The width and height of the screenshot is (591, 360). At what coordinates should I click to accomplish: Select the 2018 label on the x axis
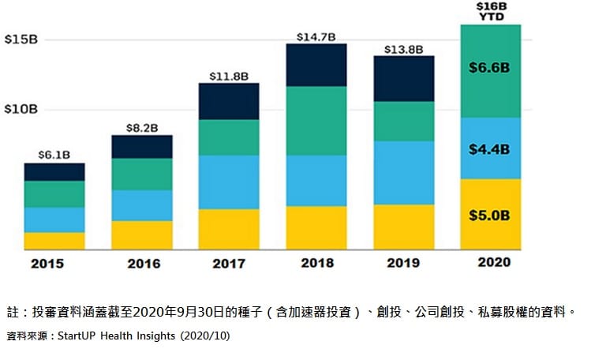[x=316, y=263]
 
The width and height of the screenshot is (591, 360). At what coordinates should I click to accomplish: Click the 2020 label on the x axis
[x=490, y=263]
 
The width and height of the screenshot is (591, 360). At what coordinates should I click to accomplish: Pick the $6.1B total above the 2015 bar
[x=54, y=154]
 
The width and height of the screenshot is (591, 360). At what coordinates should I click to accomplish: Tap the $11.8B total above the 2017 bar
[x=229, y=74]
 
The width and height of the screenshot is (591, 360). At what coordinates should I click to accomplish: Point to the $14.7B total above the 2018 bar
[x=316, y=36]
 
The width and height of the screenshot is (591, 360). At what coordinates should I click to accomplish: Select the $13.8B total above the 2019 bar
[x=403, y=48]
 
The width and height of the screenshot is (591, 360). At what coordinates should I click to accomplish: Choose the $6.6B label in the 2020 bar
[x=490, y=69]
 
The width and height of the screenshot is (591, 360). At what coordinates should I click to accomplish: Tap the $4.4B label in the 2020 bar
[x=490, y=148]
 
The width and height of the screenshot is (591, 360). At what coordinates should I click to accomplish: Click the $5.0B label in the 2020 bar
[x=490, y=214]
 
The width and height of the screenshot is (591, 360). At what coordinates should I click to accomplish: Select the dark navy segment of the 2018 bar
[x=316, y=65]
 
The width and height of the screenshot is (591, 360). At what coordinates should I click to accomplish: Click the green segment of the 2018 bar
[x=316, y=121]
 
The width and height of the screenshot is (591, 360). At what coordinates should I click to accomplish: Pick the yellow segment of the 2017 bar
[x=229, y=229]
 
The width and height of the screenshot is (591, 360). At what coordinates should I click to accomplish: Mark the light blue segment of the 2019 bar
[x=403, y=173]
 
